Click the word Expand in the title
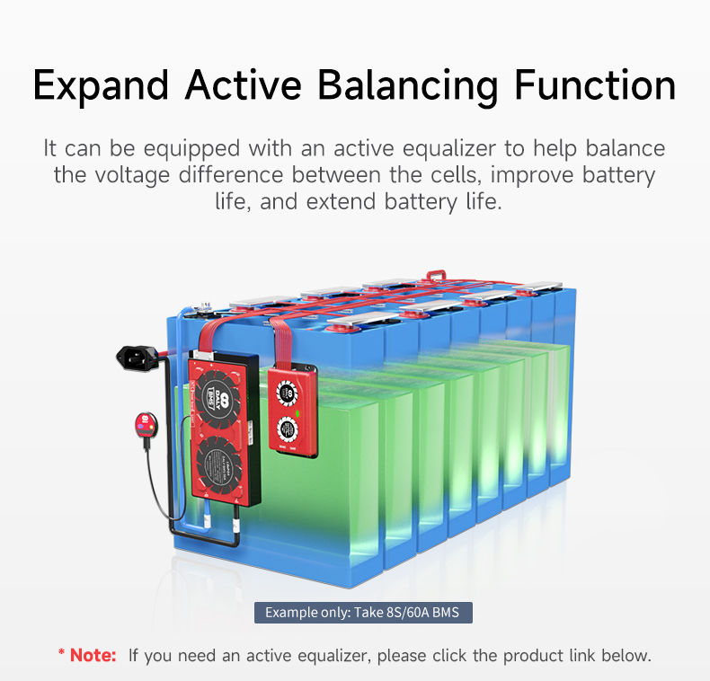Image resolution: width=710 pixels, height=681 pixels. point(100,86)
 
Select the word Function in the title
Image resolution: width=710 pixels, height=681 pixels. point(595,86)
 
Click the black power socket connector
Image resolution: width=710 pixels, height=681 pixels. point(138,358)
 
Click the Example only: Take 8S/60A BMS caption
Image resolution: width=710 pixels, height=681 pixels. point(363,613)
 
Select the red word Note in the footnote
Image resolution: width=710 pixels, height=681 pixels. point(93,655)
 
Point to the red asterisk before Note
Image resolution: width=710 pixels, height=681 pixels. point(62,653)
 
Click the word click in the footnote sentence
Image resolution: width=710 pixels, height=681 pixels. point(451,655)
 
